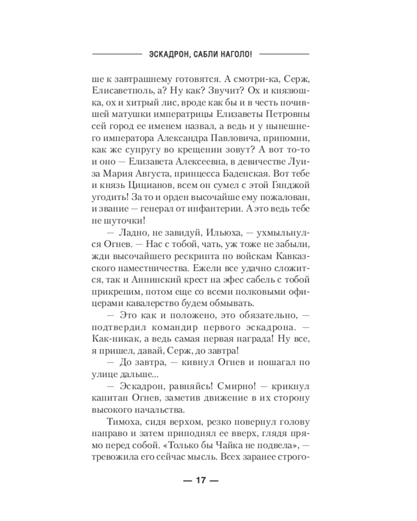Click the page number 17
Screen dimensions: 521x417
(201, 480)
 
